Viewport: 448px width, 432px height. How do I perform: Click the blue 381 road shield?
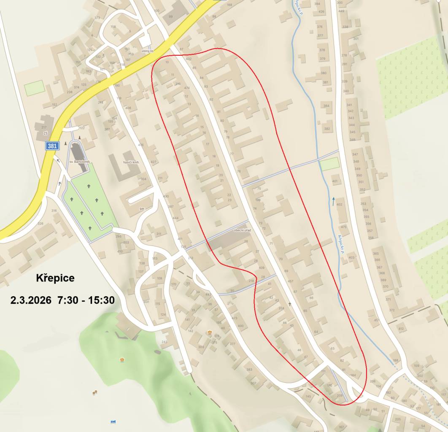point(52,146)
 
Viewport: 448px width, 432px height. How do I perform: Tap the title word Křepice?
point(55,278)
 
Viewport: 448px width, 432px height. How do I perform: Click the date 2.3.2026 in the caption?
point(31,300)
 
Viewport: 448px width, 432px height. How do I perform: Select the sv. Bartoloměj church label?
point(80,162)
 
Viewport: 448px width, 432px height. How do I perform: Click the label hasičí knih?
point(131,162)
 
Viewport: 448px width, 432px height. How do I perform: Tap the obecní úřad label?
point(242,230)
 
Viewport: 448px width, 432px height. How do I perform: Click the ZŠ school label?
point(45,133)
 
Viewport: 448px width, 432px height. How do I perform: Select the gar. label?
point(142,208)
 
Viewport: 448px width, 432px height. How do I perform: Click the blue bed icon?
point(113,421)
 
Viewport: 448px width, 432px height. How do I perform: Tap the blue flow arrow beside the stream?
point(333,201)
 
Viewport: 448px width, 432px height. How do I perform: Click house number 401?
point(335,181)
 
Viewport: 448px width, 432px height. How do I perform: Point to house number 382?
point(327,129)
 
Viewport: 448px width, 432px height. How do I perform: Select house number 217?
point(44,127)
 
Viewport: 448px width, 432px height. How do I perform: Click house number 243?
point(165,342)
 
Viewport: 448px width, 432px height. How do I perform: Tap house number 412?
point(401,329)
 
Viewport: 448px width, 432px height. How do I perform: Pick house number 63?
point(332,348)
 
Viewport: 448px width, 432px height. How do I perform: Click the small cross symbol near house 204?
point(289,304)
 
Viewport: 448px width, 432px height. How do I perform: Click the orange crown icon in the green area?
point(122,359)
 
